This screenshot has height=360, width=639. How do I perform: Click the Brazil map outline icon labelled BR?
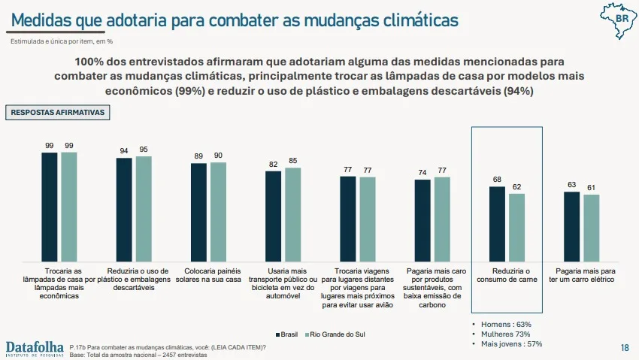[x=618, y=20]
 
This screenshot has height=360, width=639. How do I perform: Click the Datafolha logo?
[x=35, y=349]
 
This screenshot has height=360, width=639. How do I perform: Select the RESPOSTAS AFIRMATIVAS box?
[x=57, y=113]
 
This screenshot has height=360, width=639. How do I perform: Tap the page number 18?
[x=625, y=348]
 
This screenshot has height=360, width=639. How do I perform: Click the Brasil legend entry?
[x=286, y=334]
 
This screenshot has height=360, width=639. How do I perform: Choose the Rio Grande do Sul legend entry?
[x=335, y=334]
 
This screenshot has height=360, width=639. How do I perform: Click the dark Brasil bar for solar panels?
[x=198, y=212]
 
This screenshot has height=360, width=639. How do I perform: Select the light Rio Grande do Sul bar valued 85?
[x=293, y=215]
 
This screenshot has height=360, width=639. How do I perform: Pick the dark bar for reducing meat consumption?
[x=497, y=224]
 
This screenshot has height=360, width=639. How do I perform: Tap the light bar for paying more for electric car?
[x=592, y=228]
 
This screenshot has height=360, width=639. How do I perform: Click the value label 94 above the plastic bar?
[x=124, y=150]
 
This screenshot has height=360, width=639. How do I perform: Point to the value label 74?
[x=422, y=173]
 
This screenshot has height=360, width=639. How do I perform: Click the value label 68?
[x=497, y=179]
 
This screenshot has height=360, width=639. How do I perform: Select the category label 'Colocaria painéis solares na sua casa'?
[x=208, y=275]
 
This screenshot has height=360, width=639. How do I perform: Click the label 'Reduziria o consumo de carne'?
[x=507, y=275]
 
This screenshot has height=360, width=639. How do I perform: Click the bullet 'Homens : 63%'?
[x=501, y=324]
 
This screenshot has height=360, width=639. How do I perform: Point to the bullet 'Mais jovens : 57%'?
[x=507, y=343]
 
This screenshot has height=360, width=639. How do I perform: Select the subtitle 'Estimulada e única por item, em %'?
[x=62, y=41]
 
